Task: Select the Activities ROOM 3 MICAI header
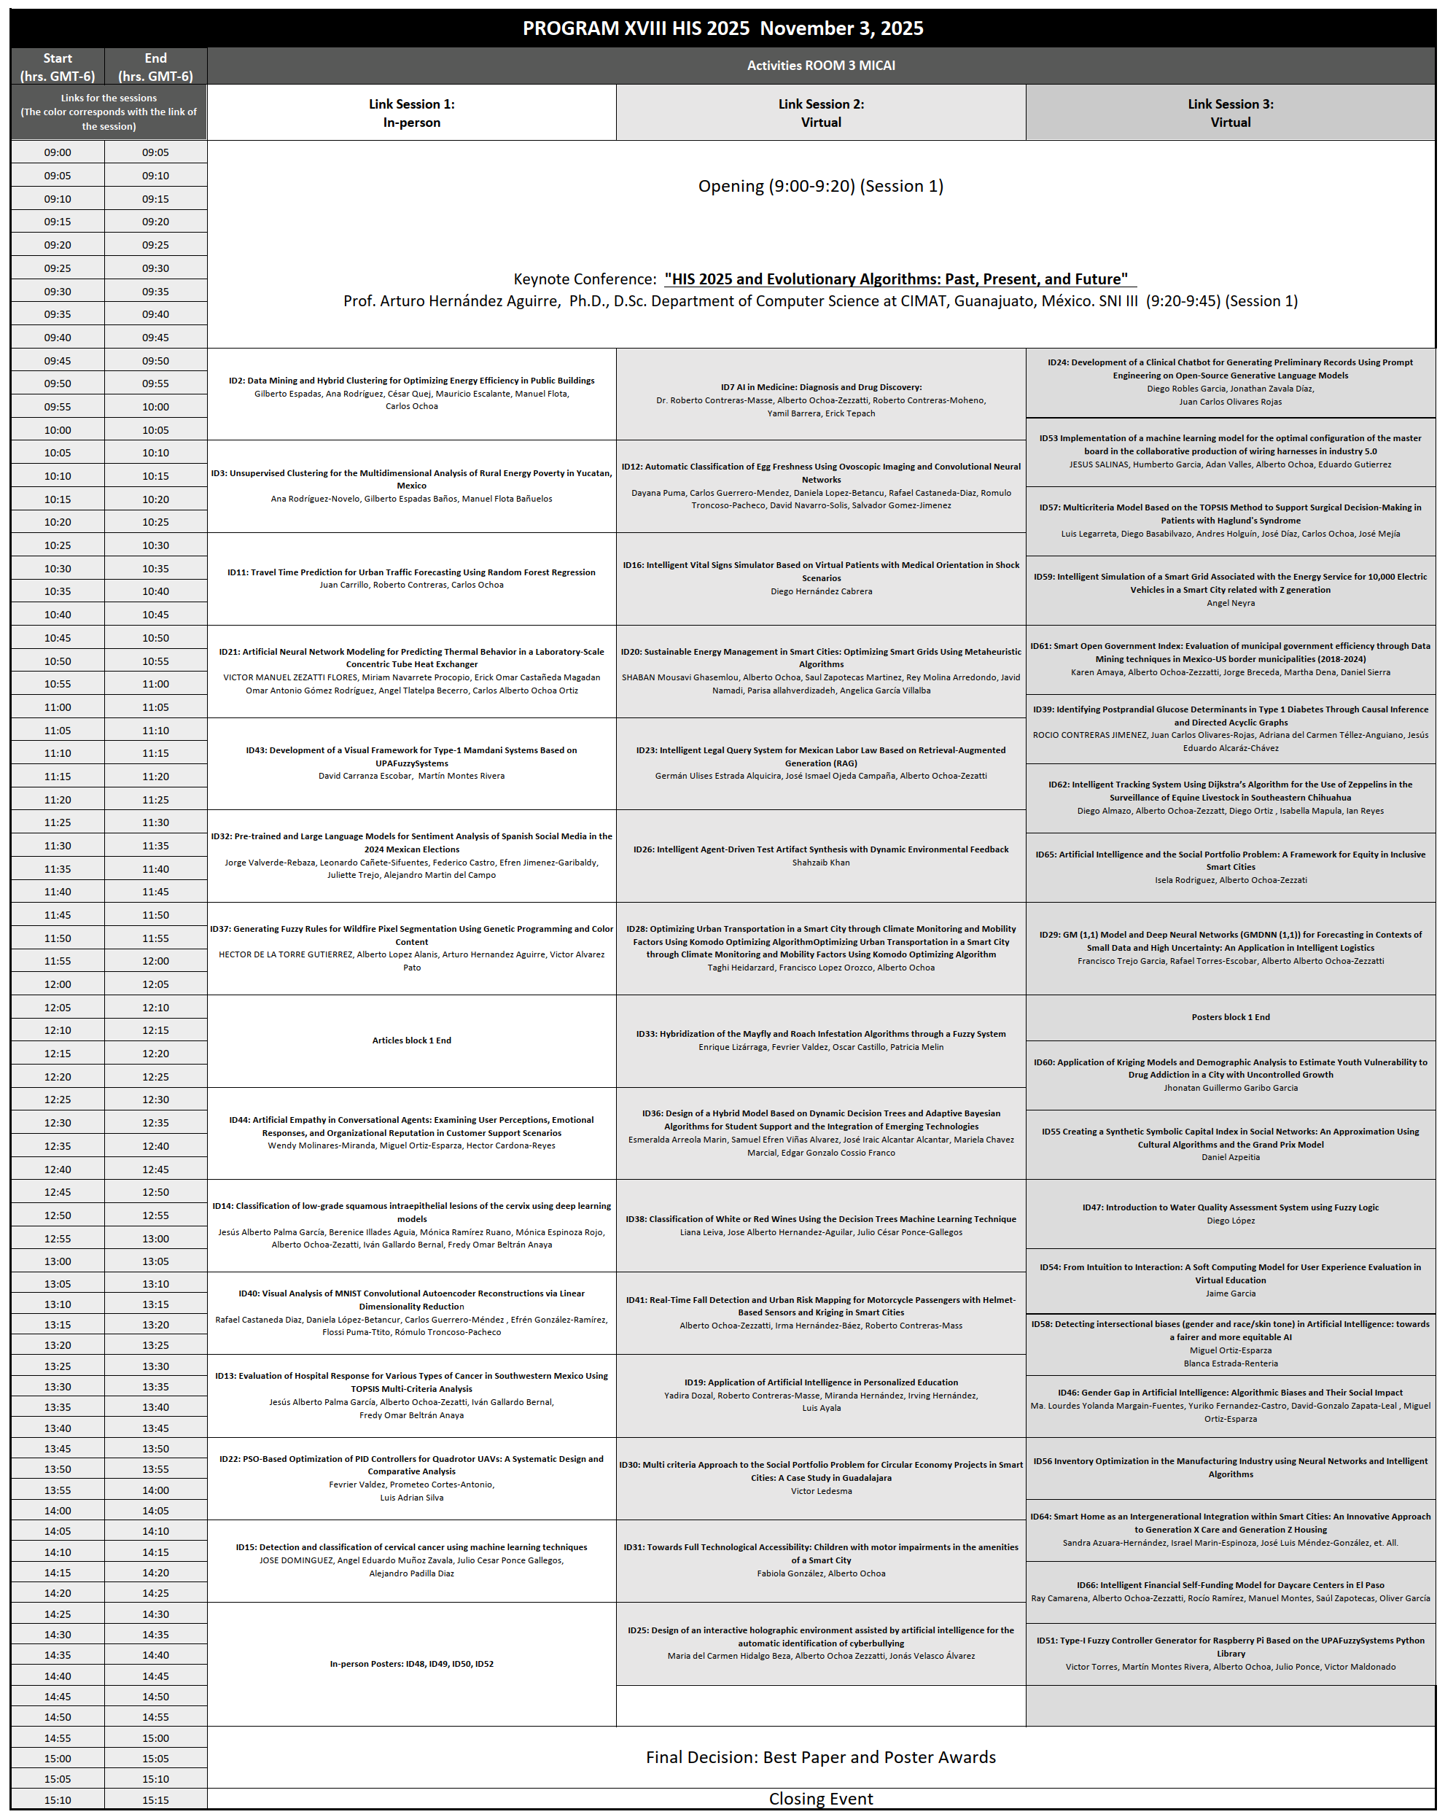click(821, 66)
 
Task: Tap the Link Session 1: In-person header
click(411, 113)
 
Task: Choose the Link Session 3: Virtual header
click(1230, 113)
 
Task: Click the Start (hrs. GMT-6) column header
click(58, 66)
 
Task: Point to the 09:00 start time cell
click(58, 152)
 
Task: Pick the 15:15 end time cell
click(155, 1800)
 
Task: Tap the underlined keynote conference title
click(900, 279)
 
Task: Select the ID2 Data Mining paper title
click(411, 381)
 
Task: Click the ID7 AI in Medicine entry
click(821, 388)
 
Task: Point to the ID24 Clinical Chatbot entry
click(1230, 369)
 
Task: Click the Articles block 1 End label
click(411, 1040)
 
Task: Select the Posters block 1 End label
click(1230, 1017)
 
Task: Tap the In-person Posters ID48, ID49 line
click(411, 1664)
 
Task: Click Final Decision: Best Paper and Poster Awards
click(821, 1757)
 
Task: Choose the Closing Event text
click(821, 1800)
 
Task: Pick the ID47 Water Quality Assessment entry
click(1230, 1207)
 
